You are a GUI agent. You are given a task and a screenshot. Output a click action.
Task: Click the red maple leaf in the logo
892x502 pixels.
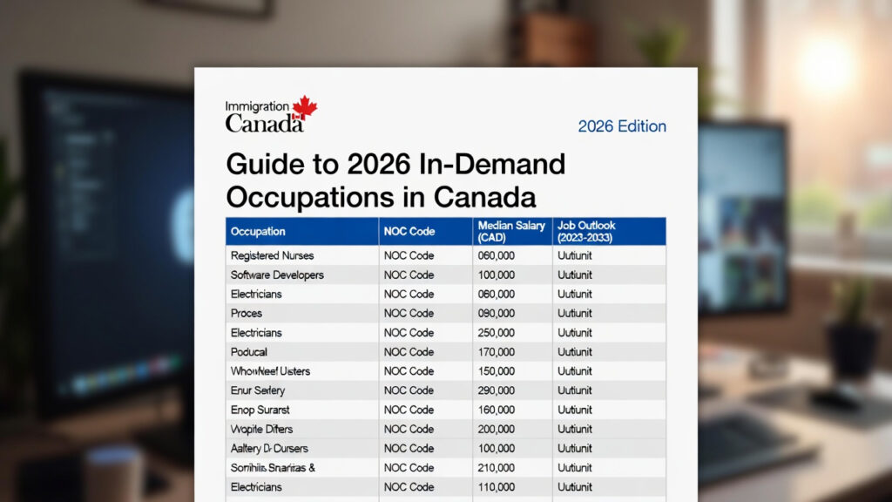tap(304, 108)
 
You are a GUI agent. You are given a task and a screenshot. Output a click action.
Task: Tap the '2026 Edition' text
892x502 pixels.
tap(622, 126)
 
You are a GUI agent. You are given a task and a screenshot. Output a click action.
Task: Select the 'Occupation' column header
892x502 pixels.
tap(258, 232)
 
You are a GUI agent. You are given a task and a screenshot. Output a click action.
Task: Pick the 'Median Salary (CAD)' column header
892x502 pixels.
tap(511, 232)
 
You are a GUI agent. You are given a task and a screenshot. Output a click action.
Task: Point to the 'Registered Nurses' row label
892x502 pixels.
tap(272, 256)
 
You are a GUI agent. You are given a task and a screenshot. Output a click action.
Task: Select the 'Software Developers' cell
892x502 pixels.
tap(277, 275)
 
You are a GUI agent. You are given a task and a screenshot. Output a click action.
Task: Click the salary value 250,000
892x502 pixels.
tap(496, 333)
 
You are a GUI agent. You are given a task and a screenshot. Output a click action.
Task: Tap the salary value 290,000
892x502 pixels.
tap(496, 390)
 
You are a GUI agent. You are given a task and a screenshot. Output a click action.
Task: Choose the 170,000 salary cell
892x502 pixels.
tap(496, 352)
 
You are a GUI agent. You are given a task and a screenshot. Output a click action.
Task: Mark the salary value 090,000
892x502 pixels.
tap(496, 314)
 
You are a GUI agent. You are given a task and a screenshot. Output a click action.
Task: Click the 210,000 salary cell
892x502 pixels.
tap(496, 468)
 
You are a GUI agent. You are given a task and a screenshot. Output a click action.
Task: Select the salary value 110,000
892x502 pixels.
tap(496, 487)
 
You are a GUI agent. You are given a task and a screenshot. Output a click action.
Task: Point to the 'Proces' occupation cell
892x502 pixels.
tap(247, 314)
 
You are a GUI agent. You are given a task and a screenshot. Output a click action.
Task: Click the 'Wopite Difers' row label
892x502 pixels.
tap(261, 429)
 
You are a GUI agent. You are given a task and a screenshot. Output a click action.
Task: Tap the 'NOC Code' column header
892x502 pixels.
tap(409, 232)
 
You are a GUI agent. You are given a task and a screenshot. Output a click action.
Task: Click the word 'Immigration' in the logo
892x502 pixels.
tap(258, 106)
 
